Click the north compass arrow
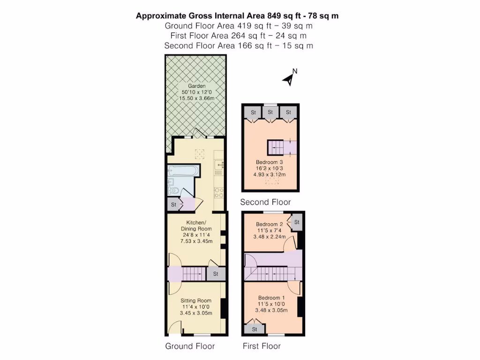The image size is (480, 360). (289, 79)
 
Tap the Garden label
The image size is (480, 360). (197, 86)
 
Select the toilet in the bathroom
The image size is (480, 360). (173, 190)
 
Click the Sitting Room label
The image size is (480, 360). (196, 300)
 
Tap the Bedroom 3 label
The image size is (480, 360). (271, 162)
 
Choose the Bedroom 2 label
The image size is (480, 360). (270, 224)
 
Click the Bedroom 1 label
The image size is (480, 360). (271, 298)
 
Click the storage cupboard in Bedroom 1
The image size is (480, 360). (255, 329)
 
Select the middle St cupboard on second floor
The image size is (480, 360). (270, 112)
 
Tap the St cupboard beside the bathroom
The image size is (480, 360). (173, 205)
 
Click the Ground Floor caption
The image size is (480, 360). (190, 346)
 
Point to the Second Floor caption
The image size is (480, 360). (265, 202)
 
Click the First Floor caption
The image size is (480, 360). (262, 346)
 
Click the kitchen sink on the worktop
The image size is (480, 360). (219, 165)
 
